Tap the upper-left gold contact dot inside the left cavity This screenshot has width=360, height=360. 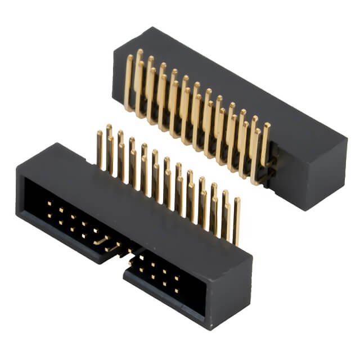[49, 203]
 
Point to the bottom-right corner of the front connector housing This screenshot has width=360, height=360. [211, 330]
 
